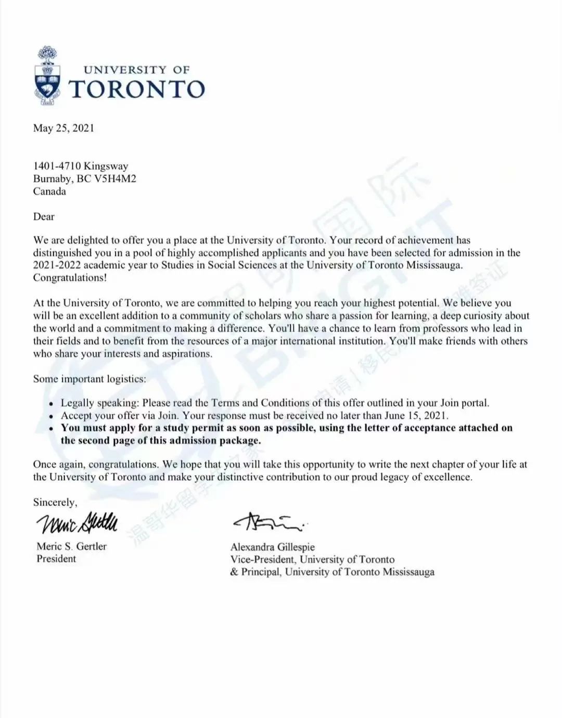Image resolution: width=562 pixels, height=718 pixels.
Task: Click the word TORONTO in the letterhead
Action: point(136,89)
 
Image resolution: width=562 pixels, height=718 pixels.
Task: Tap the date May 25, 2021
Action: point(63,128)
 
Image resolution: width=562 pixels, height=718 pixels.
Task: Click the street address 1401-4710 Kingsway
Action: point(81,166)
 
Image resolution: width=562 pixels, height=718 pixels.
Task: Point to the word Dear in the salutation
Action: point(44,216)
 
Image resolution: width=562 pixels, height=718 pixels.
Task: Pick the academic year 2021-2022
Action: point(57,265)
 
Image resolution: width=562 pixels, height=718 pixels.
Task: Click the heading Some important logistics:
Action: point(90,379)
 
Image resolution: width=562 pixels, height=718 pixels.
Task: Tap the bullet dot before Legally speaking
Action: point(50,404)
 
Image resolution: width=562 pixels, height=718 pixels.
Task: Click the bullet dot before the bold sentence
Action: point(50,429)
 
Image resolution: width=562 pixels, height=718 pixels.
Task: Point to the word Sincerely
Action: point(55,502)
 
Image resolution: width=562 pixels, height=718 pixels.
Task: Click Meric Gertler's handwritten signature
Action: point(77,522)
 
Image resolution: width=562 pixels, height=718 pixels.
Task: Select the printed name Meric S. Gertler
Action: point(71,546)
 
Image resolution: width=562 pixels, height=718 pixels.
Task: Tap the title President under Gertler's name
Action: point(56,559)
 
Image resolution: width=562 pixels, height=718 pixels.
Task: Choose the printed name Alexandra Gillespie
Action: point(273,547)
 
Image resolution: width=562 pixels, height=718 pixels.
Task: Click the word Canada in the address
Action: point(49,191)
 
